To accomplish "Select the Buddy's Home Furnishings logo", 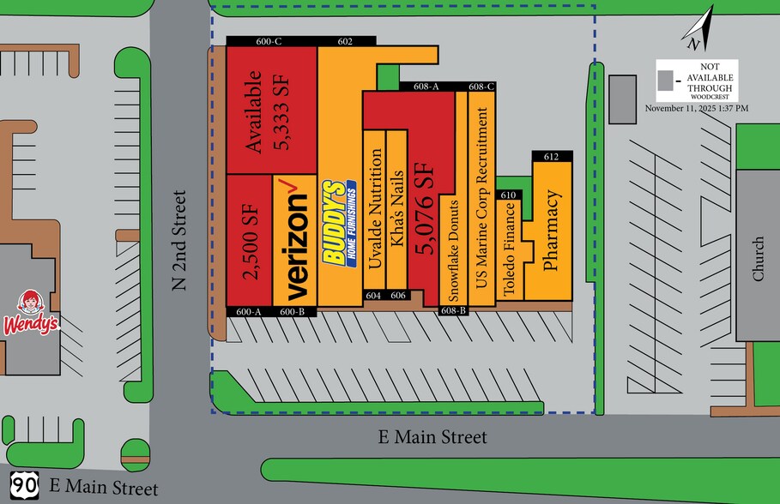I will tap(338, 224).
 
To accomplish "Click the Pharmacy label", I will tap(552, 231).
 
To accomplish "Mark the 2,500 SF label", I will tap(249, 240).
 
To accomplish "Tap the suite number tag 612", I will tap(551, 156).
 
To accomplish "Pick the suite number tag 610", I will tap(508, 195).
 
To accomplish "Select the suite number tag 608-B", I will tap(453, 310).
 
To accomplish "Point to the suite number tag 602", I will tap(346, 41).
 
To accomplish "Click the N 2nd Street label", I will tap(180, 240).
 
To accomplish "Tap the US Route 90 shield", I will tap(25, 484).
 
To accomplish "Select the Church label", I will tap(758, 259).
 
